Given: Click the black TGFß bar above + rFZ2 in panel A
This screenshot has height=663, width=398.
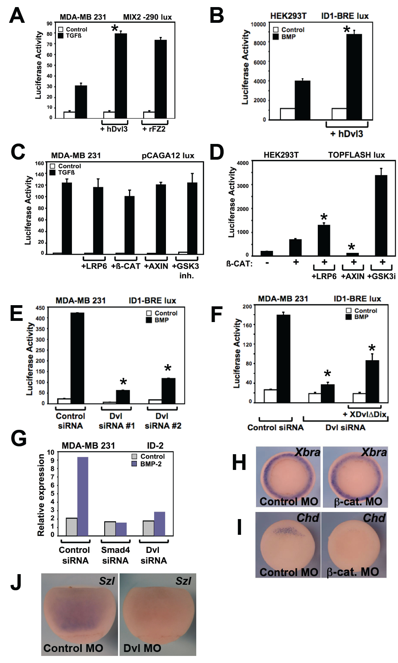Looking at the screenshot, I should click(160, 79).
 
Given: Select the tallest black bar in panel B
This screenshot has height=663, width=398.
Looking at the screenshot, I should click(354, 77).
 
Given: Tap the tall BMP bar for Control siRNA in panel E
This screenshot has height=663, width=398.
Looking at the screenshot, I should click(77, 358).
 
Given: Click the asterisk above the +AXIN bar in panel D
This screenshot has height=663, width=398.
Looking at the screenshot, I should click(352, 247).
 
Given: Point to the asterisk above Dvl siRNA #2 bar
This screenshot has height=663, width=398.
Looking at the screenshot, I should click(168, 368).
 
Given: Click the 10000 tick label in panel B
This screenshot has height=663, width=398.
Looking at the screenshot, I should click(258, 24).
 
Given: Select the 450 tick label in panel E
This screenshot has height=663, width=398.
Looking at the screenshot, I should click(40, 308).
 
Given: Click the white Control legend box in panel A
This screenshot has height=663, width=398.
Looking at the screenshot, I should click(61, 29).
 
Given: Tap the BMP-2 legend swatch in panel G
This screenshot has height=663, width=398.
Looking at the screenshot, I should click(134, 464).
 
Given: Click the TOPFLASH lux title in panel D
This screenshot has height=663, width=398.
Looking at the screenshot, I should click(356, 155).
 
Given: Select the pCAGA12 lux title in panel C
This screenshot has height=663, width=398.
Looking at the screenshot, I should click(168, 155).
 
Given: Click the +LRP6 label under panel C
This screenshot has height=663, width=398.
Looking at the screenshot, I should click(94, 266).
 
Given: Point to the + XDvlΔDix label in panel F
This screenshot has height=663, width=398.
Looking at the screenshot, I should click(365, 414).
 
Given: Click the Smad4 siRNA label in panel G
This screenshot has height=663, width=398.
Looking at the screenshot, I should click(115, 555).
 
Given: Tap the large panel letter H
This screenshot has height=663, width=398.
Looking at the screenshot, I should click(239, 462).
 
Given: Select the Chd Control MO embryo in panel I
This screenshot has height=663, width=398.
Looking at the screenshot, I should click(288, 543).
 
